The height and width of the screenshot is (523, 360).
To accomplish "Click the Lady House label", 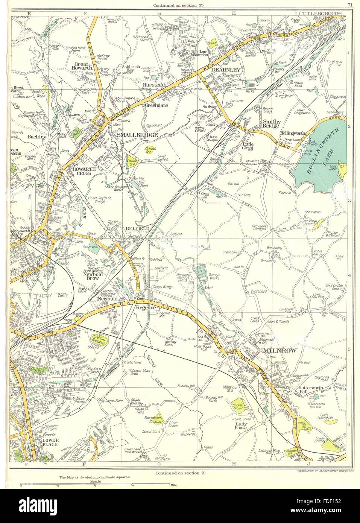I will pyautogui.click(x=241, y=426).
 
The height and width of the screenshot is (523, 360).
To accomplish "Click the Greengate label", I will pyautogui.click(x=156, y=106).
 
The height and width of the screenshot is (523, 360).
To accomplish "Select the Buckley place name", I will pyautogui.click(x=37, y=137).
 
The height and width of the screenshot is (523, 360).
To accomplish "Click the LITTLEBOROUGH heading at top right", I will pyautogui.click(x=318, y=13).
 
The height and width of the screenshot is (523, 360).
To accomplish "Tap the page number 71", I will pyautogui.click(x=350, y=5).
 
